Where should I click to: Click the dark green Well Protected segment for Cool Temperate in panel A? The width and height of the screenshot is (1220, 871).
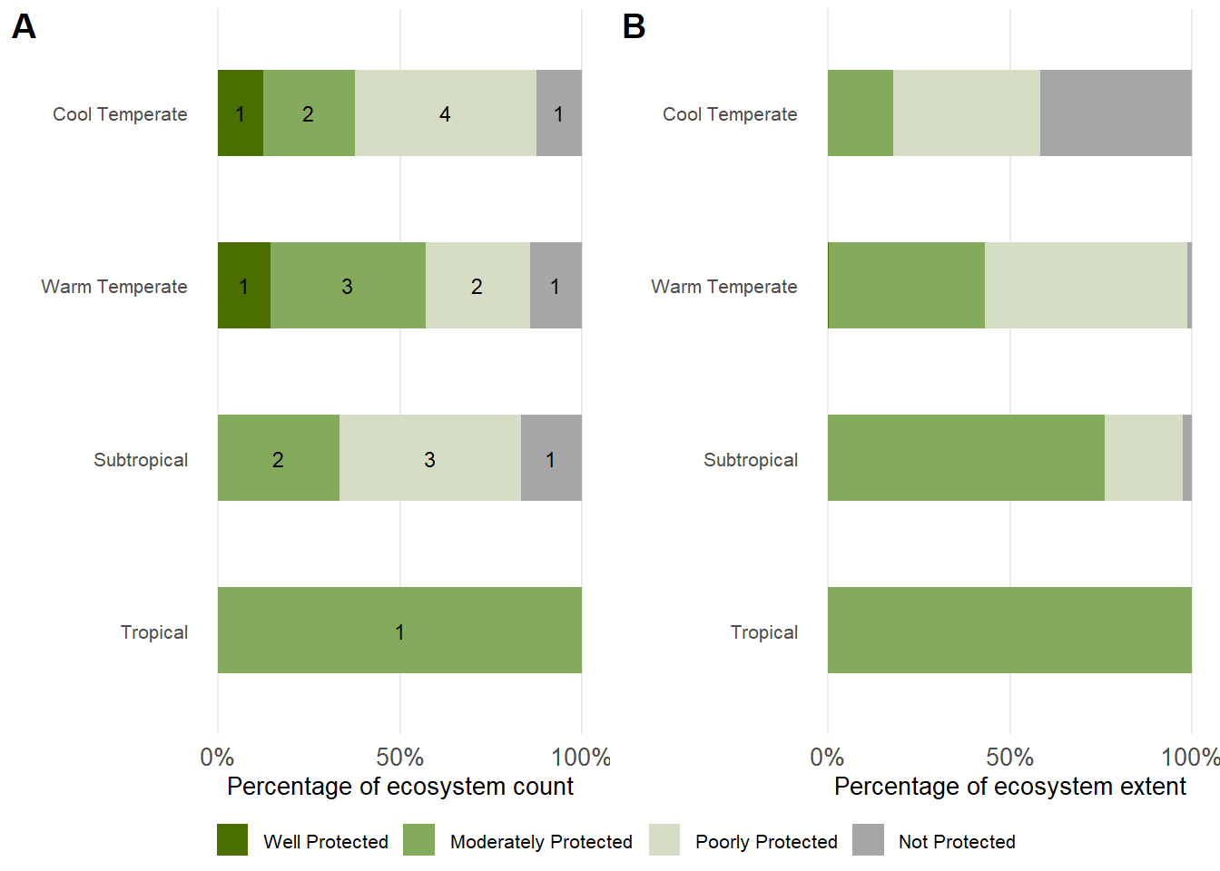point(240,113)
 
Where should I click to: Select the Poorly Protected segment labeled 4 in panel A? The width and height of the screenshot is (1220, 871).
point(445,113)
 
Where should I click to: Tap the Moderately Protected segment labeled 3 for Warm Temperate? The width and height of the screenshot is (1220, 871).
point(348,286)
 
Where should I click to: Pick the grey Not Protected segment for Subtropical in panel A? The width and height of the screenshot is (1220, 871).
point(551,458)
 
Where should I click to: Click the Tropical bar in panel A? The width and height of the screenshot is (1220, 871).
point(399,631)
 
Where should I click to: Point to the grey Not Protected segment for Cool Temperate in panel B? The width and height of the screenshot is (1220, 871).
point(1116,113)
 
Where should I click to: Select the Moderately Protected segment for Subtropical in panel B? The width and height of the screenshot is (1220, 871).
point(966,458)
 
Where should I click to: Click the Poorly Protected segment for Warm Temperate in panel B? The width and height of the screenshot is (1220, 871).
point(1086,286)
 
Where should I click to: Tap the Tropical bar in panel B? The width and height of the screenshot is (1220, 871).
point(1009,631)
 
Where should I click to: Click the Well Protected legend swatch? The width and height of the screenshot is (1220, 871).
point(232,840)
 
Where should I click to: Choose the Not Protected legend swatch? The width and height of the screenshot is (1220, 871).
point(868,840)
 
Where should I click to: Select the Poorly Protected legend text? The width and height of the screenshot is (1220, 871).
point(766,842)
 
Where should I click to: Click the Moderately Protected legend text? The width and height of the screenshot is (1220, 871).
point(541,842)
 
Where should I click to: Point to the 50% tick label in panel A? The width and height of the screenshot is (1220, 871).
point(400,758)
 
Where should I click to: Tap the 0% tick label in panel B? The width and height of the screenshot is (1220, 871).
point(827,758)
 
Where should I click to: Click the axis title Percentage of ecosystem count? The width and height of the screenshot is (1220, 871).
point(400,787)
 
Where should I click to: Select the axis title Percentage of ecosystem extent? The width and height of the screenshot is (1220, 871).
point(1009,787)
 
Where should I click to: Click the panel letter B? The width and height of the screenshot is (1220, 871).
point(634,26)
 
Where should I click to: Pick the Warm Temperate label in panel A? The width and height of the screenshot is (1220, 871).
point(114,287)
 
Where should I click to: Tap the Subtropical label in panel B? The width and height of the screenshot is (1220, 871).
point(751,460)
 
